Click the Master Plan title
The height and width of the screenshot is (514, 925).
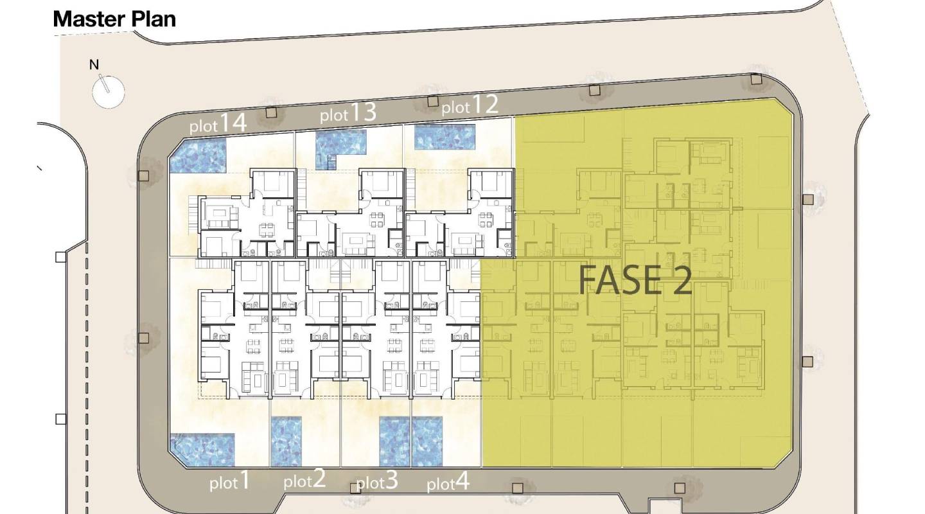pos(114,19)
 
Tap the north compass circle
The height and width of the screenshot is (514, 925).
pos(108,92)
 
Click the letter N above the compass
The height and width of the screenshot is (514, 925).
pos(94,65)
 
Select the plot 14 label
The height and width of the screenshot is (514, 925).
pos(218,123)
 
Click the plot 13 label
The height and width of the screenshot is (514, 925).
pos(348,112)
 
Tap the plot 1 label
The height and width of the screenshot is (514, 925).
pos(229,481)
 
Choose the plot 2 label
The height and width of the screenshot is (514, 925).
pos(304,480)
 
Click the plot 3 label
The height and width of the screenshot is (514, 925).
pos(377,481)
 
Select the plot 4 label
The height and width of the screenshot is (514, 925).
pos(448,482)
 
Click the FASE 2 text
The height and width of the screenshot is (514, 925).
pos(635,281)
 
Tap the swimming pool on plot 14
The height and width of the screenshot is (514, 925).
pos(198,155)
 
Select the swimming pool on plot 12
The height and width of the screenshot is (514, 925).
pos(445,137)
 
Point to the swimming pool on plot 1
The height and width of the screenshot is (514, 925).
pos(203,450)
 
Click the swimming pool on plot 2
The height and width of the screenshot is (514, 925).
pos(286,441)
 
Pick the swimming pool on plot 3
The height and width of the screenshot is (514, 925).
pos(394,441)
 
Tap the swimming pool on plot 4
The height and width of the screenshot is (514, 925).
pos(427,441)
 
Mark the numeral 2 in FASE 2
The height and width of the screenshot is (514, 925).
pos(682,281)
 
